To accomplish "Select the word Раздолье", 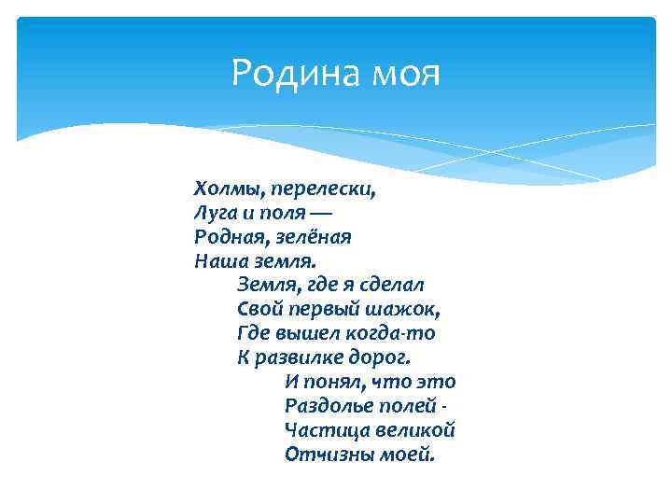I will (x=326, y=407).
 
